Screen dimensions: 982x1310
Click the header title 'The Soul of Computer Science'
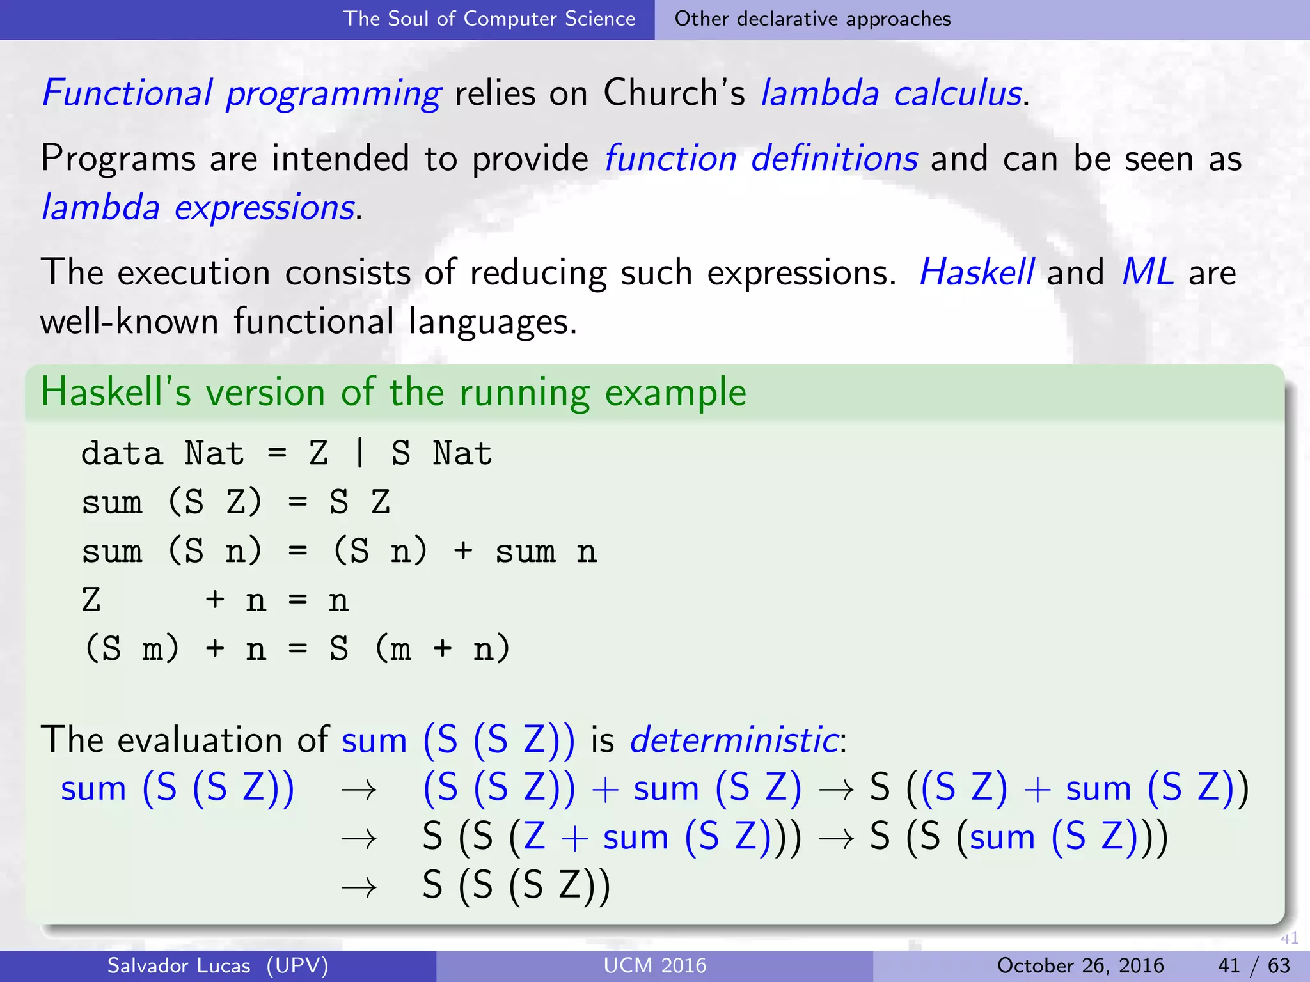pos(489,19)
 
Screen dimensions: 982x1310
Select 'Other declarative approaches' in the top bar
pos(812,19)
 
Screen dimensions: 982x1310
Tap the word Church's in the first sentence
pos(674,93)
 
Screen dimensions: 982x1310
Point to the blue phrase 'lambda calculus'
pos(892,93)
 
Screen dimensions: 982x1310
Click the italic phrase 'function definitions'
pos(761,159)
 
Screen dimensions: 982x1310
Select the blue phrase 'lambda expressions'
pos(198,208)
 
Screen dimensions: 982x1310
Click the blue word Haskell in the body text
pos(976,272)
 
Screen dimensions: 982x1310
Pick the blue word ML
pos(1148,272)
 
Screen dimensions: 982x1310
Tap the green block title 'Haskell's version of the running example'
pos(393,392)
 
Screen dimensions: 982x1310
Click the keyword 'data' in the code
pos(122,454)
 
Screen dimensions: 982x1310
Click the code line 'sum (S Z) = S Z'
pos(235,502)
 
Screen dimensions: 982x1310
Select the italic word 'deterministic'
pos(734,740)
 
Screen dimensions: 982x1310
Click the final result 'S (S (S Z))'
pos(516,886)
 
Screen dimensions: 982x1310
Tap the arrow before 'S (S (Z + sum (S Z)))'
pos(359,838)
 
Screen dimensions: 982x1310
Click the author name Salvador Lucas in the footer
pos(178,965)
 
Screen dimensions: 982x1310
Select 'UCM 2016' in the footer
pos(655,965)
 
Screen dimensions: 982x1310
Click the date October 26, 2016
pos(1080,965)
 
